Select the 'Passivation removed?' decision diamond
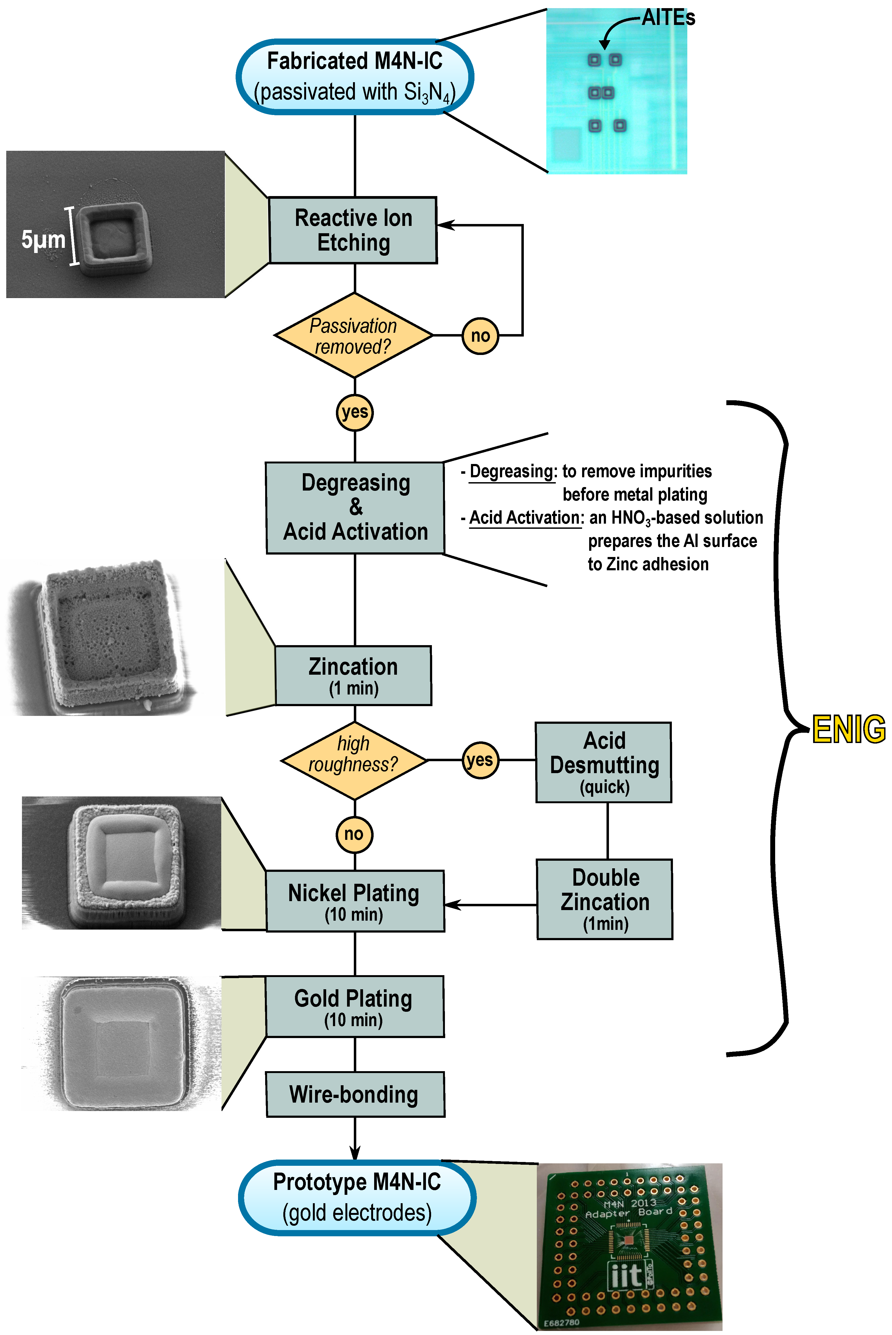click(353, 336)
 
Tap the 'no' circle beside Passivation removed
click(480, 336)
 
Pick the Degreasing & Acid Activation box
click(355, 507)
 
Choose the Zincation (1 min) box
click(353, 676)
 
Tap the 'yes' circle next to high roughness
click(480, 760)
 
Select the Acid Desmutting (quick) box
click(604, 762)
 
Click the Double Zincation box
click(605, 899)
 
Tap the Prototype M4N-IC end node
click(357, 1197)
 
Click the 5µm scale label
click(43, 239)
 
